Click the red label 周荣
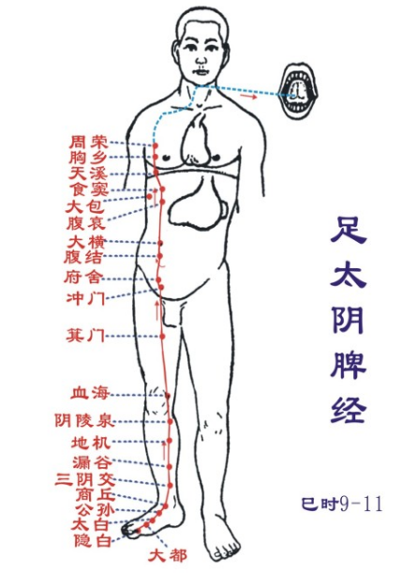(x=89, y=142)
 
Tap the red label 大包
(x=85, y=207)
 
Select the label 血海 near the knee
(x=90, y=393)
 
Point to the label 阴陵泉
(x=84, y=420)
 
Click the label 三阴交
(x=85, y=478)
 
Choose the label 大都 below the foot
(x=168, y=556)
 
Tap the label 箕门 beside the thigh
(x=85, y=335)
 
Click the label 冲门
(x=86, y=298)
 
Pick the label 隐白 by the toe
(x=93, y=540)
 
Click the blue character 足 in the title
(x=349, y=231)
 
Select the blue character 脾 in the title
(x=349, y=367)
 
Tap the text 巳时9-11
(x=341, y=504)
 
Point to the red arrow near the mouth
(x=248, y=97)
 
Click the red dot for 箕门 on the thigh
(x=162, y=336)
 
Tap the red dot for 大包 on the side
(x=150, y=197)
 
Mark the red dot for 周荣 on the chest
(x=155, y=145)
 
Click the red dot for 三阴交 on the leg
(x=170, y=485)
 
